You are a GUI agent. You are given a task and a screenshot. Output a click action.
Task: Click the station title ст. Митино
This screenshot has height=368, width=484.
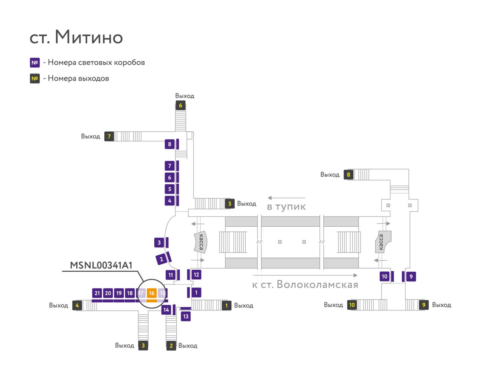tap(76, 37)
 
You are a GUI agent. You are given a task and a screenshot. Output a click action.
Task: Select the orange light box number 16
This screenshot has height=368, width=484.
tap(152, 293)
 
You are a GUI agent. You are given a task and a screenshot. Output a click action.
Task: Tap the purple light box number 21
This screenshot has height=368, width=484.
tap(97, 293)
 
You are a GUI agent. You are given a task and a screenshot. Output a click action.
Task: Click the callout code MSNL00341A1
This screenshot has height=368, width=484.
tap(101, 265)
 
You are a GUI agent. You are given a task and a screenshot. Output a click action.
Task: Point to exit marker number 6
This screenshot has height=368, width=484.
tap(180, 105)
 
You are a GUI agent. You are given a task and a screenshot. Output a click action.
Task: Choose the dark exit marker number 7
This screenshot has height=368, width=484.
tap(109, 136)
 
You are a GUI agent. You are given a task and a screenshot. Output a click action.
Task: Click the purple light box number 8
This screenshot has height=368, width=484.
tap(170, 144)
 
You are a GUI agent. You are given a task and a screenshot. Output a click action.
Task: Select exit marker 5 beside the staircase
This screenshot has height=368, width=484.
tap(230, 203)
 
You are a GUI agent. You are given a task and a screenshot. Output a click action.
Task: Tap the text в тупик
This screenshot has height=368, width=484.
tap(286, 207)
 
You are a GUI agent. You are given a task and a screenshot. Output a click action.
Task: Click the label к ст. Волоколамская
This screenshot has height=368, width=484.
tap(305, 284)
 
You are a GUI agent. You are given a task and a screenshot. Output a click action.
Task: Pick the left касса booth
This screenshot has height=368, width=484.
tap(200, 242)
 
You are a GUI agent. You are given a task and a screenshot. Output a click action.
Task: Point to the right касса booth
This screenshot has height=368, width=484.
tap(383, 242)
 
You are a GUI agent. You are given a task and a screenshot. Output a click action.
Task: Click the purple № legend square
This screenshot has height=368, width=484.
tap(35, 63)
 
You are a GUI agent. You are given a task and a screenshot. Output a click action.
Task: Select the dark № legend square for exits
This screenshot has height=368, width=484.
tap(35, 78)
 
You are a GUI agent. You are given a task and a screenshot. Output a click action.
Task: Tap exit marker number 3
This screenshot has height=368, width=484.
tap(143, 345)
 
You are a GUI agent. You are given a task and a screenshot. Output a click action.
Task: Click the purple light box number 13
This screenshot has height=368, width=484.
tap(186, 317)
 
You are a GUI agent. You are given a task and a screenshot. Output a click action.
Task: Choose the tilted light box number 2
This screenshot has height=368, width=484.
tap(161, 259)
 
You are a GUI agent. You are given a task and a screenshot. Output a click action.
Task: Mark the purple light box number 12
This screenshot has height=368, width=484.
tap(196, 274)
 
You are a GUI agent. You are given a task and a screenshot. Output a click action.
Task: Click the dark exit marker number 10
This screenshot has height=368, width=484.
tap(352, 305)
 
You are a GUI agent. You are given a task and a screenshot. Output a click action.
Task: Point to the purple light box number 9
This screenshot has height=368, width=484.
tap(411, 277)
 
